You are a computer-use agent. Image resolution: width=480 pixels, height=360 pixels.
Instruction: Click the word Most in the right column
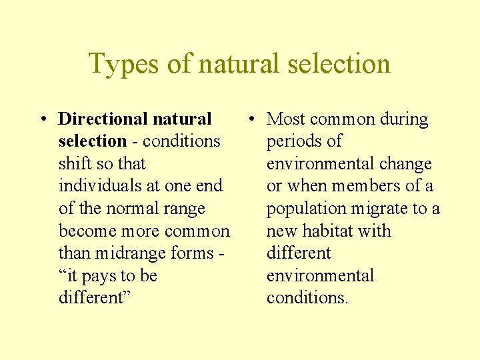[285, 119]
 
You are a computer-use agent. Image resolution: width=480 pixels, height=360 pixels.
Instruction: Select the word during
[404, 119]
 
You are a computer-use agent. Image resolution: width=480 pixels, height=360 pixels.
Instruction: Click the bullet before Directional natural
[42, 120]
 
